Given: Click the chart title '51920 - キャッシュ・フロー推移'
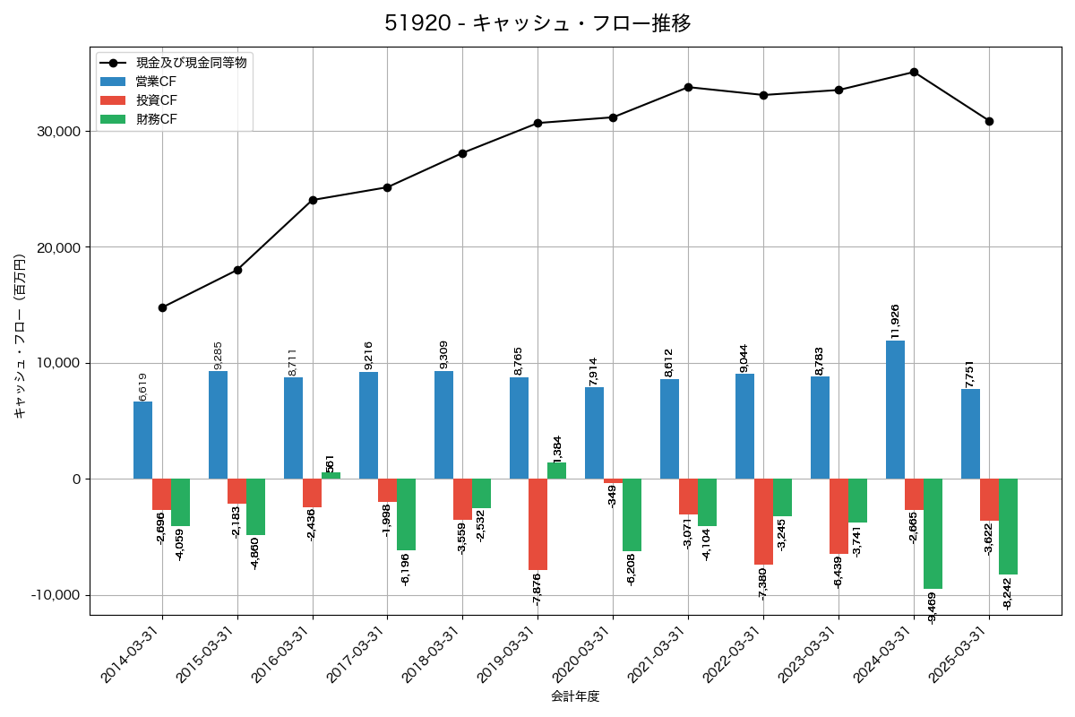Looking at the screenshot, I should [537, 23].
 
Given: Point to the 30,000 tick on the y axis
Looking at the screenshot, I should [56, 132].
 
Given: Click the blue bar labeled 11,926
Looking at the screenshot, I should [895, 410].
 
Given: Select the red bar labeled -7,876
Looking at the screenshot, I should [537, 524].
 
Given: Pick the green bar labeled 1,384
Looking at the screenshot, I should [556, 471].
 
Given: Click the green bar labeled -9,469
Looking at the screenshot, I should [933, 533].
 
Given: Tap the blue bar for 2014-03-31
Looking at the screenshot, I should [142, 440].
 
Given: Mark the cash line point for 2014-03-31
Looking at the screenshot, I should [162, 307].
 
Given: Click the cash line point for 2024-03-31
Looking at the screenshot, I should [914, 72].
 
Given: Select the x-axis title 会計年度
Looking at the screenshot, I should [575, 696].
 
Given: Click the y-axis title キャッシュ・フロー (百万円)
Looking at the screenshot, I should [20, 337].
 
